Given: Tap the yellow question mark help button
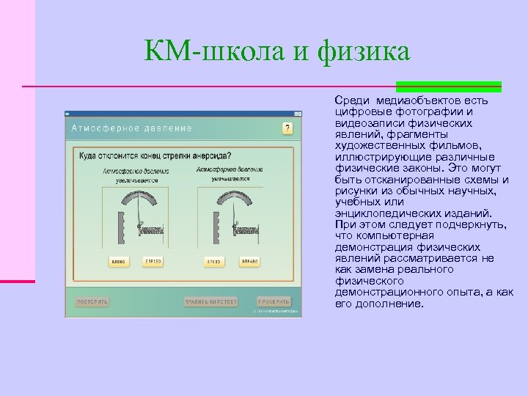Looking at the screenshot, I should click(x=287, y=128).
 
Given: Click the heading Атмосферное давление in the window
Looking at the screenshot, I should click(x=132, y=128).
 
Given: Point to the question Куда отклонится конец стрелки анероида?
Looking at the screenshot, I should click(x=155, y=155).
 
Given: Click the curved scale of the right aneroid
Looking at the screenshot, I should click(x=231, y=200).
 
